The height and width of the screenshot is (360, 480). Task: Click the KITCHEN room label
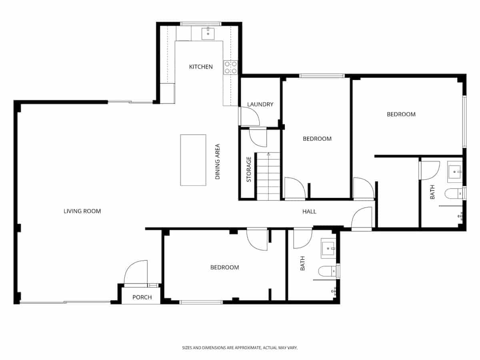click(x=201, y=67)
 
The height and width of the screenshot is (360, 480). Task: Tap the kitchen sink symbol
click(x=208, y=34)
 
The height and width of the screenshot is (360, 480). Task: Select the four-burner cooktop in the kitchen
click(x=231, y=67)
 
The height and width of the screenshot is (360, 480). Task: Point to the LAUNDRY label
click(x=260, y=104)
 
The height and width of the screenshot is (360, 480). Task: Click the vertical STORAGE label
click(x=249, y=170)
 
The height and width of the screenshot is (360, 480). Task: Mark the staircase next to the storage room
click(x=268, y=177)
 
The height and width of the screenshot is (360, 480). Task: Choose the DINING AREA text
click(x=218, y=161)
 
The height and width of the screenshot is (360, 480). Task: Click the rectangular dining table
click(x=193, y=160)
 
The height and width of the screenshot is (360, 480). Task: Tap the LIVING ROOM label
click(x=82, y=211)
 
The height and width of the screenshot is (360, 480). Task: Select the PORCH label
click(x=142, y=297)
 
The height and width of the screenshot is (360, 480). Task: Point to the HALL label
click(x=309, y=212)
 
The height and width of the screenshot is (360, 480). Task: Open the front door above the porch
click(x=136, y=273)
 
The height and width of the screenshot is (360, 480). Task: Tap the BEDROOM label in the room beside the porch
click(x=224, y=268)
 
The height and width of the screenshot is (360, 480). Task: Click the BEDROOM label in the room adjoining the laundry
click(x=317, y=139)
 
